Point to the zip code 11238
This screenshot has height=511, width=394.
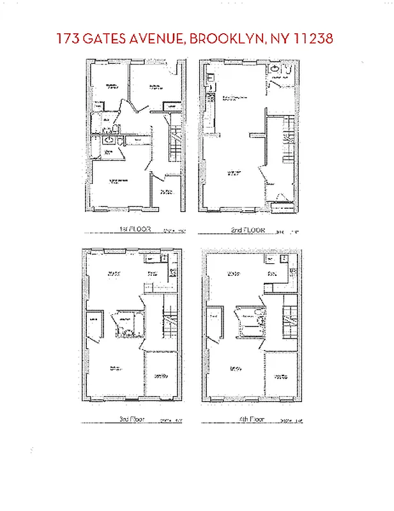click(312, 38)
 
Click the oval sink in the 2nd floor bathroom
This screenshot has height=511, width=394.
click(275, 68)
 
